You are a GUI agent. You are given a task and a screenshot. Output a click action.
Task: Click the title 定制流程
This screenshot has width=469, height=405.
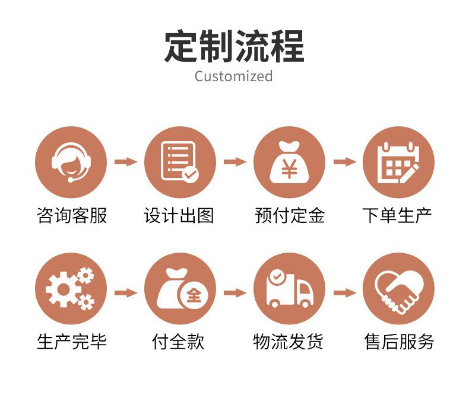click(234, 46)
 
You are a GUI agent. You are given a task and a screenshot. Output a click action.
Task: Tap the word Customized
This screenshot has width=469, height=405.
click(233, 76)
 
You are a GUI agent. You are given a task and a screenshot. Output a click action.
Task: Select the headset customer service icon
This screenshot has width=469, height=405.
click(71, 162)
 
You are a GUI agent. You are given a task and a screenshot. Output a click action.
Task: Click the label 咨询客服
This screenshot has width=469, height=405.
click(71, 215)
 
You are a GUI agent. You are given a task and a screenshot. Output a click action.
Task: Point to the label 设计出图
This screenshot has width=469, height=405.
click(179, 215)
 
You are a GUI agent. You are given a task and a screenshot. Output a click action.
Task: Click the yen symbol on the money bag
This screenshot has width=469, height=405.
click(289, 168)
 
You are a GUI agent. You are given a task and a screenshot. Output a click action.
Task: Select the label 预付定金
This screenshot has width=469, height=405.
click(290, 215)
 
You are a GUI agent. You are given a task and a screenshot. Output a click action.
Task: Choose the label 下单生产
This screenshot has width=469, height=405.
click(397, 215)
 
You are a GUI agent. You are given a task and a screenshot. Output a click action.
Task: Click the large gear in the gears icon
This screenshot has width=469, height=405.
click(63, 289)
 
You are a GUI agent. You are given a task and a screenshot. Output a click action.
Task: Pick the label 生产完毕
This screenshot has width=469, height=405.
click(71, 342)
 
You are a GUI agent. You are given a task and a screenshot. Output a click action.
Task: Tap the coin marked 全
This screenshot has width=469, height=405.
click(194, 296)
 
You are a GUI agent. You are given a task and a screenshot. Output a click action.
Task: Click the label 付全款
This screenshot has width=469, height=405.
click(178, 342)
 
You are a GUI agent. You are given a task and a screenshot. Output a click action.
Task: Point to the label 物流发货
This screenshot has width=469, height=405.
click(289, 342)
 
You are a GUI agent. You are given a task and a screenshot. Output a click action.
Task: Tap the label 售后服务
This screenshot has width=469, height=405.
click(399, 342)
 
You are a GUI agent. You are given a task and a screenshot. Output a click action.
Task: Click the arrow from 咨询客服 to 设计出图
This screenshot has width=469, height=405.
click(126, 162)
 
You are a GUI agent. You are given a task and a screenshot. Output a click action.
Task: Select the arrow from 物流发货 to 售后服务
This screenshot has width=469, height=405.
click(344, 293)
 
